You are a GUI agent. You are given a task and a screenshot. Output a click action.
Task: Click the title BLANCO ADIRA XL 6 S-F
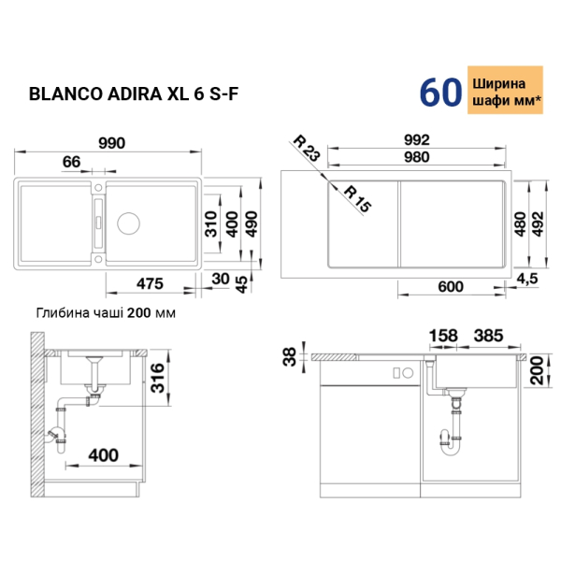(133, 94)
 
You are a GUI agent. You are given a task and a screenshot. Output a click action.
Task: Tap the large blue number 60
(440, 93)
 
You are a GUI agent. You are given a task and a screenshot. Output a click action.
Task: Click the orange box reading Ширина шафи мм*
(505, 90)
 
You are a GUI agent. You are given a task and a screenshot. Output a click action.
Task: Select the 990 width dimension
(112, 143)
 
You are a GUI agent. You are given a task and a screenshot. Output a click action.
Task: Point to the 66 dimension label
(72, 162)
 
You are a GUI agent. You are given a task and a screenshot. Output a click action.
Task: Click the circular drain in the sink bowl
(128, 223)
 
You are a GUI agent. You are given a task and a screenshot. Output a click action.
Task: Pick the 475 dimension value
(150, 283)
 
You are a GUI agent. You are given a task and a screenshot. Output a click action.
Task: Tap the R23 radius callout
(307, 148)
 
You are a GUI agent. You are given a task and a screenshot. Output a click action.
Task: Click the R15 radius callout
(357, 199)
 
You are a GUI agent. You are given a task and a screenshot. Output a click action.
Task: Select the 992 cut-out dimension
(417, 140)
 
